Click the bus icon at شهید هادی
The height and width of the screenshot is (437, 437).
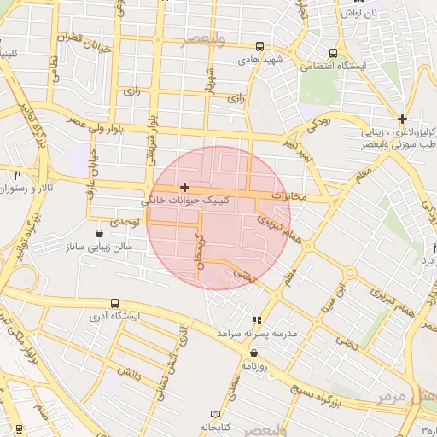pos(259,47)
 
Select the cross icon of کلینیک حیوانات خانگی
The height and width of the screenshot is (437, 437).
pos(184,186)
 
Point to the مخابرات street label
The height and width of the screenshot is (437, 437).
pos(288,195)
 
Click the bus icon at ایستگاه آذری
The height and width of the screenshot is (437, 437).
pos(115,303)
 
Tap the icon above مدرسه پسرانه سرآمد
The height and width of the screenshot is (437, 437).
pos(258,320)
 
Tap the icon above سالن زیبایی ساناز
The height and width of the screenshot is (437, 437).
pos(102,232)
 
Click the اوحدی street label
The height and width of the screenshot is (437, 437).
pos(125,221)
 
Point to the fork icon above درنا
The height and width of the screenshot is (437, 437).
pos(424,248)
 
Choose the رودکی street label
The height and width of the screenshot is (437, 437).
pos(318,124)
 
